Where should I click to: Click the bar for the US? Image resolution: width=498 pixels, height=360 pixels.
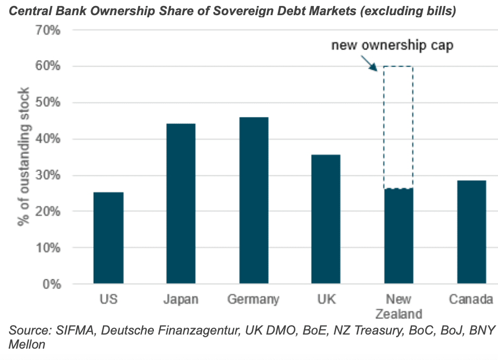pos(108,238)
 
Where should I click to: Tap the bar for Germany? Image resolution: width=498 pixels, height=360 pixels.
pos(253,200)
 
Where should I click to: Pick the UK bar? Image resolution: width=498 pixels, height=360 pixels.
pos(326,219)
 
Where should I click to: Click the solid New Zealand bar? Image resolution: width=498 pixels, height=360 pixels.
pos(398,236)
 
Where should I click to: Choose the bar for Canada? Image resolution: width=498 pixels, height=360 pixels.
pos(471,232)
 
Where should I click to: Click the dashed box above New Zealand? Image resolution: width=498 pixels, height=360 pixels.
pos(398,127)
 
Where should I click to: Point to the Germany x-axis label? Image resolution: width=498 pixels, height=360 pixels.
pos(253,299)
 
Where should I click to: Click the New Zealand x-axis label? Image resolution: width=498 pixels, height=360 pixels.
pos(398,306)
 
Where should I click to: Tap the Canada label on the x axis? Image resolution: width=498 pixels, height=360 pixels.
pos(471,299)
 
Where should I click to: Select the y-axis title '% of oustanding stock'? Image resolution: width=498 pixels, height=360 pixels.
pos(22,157)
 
